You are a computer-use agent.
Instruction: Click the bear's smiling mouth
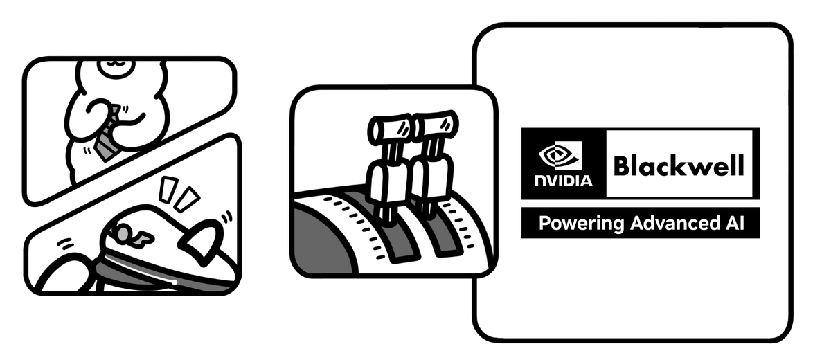coord(115,66)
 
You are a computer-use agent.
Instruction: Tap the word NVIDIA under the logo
coord(563,181)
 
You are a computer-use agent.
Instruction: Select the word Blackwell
coord(678,166)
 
